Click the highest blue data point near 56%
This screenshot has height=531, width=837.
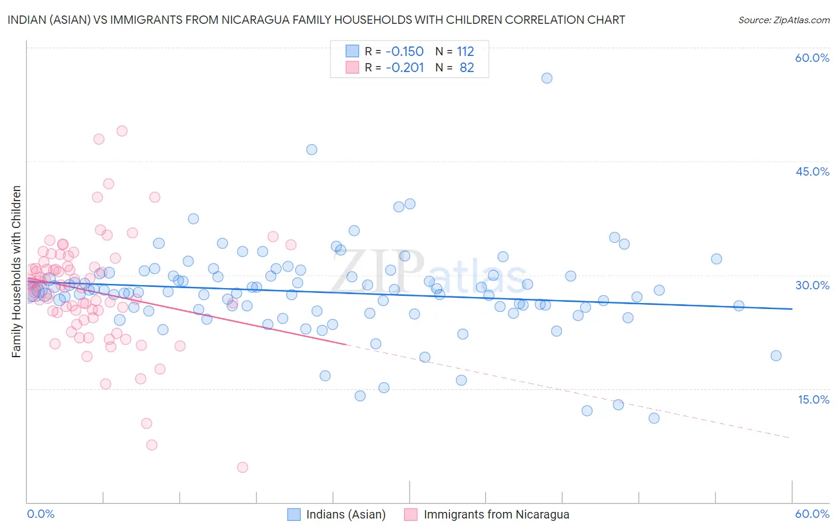546,78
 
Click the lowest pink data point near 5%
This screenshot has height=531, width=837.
242,467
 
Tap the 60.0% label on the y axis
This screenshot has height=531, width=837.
812,58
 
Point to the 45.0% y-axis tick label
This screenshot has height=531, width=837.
812,171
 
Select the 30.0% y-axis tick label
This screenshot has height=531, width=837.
812,285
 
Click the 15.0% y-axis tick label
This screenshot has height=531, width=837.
813,399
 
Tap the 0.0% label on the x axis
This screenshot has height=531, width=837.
41,514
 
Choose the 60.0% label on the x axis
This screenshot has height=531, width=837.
812,514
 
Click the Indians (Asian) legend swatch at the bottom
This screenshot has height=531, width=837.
293,514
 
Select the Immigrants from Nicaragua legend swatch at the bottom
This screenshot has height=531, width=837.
411,514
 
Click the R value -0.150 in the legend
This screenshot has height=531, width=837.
404,51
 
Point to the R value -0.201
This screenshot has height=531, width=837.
404,67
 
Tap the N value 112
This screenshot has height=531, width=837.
466,51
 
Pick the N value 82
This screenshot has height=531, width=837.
467,67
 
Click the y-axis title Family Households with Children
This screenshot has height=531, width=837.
16,271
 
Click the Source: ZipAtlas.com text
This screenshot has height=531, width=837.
783,20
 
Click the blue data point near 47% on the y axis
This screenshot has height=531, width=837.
311,149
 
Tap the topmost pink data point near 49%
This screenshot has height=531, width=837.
122,131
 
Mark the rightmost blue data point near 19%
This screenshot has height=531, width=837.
776,355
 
